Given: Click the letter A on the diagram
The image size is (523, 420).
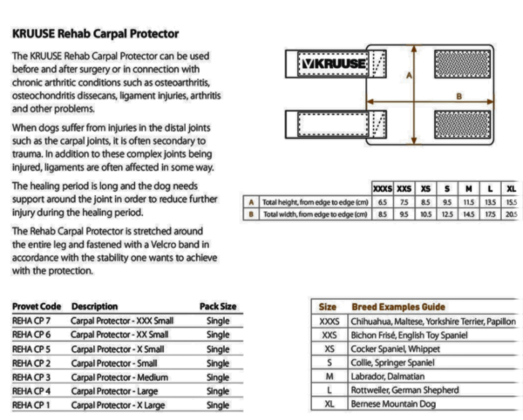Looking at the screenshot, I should click(x=408, y=76).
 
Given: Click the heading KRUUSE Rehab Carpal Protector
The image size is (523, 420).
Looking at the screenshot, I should click(x=96, y=35).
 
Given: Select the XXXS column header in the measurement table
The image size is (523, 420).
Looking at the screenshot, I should click(x=382, y=187).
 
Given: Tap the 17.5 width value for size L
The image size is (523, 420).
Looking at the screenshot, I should click(x=490, y=213).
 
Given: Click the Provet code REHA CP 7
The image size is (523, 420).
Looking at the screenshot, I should click(x=37, y=320).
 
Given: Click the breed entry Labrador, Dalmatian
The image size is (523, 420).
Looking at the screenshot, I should click(x=388, y=376).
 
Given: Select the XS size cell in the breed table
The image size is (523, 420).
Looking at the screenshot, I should click(x=329, y=349).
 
